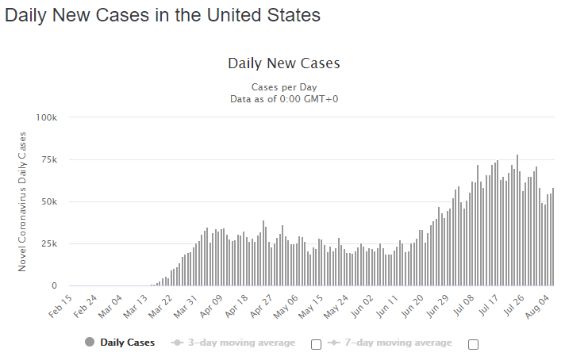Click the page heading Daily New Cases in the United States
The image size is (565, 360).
pos(163,15)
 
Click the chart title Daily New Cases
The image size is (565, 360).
pos(283,63)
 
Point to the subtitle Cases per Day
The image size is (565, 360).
pos(283,87)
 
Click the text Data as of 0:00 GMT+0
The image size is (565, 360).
pos(283,98)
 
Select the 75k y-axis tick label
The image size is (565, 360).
pos(49,159)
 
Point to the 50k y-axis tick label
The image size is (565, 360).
pos(49,201)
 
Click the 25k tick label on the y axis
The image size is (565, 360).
pos(49,243)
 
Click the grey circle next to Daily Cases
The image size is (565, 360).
pos(89,343)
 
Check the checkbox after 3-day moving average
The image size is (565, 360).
pos(316,344)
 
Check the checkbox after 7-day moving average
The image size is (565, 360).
pos(474,344)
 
